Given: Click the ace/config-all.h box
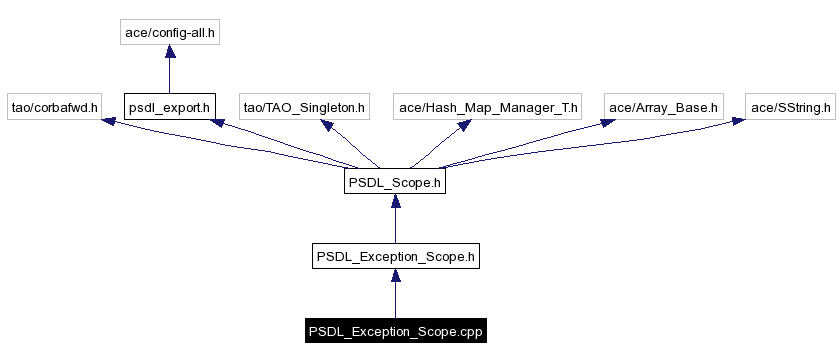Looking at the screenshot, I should pos(169,33).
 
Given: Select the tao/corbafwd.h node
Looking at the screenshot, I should pos(53,106).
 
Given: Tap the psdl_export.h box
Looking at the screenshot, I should pos(169,106).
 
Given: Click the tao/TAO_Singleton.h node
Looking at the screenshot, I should pos(305,106).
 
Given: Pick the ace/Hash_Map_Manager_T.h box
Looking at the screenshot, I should pos(488,106).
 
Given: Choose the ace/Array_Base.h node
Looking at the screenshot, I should pos(663,106).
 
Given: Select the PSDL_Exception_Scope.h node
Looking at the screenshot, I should pos(395,257).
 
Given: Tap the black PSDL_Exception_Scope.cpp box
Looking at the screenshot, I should pos(395,331).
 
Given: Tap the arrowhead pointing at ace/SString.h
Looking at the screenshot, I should pos(737,121).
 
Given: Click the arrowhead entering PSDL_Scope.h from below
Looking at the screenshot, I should pos(395,203).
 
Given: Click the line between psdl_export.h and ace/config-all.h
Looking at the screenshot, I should pos(169,76).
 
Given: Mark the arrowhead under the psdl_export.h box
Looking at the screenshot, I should pos(214,123).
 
